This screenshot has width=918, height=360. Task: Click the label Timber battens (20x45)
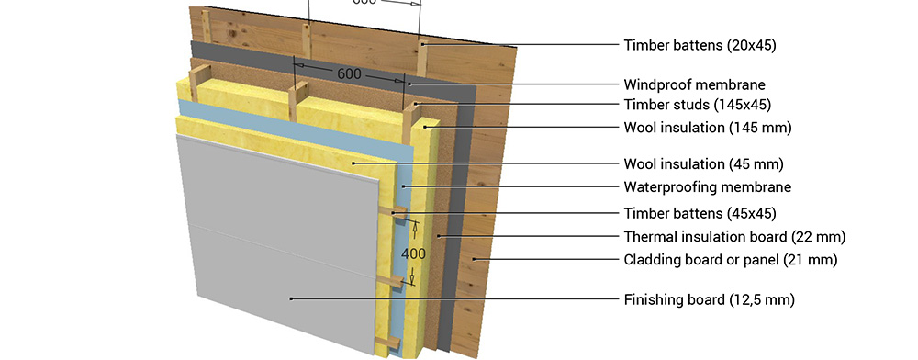pos(700,45)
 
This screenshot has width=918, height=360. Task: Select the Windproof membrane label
pos(694,84)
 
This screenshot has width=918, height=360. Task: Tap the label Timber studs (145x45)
pos(698,105)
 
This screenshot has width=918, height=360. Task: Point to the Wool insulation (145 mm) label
pos(707,128)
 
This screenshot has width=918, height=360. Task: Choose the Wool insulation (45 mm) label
pos(703,163)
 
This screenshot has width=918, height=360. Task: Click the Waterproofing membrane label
pos(707,187)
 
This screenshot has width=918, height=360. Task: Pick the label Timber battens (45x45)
pos(700,212)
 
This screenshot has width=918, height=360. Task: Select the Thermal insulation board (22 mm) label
pos(734,237)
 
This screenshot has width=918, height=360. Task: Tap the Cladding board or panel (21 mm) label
pos(730,259)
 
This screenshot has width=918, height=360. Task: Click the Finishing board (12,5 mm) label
pos(709,300)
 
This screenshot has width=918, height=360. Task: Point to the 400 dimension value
pos(413,254)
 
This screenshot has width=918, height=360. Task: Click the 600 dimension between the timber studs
pos(349,74)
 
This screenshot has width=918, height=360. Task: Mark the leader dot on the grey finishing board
pos(291,299)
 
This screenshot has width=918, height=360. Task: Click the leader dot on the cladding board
pos(475,259)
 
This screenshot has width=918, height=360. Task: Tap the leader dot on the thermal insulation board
pos(439,237)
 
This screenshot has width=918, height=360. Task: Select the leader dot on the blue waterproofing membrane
pos(403,187)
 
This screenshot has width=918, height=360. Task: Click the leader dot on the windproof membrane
pos(409,84)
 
